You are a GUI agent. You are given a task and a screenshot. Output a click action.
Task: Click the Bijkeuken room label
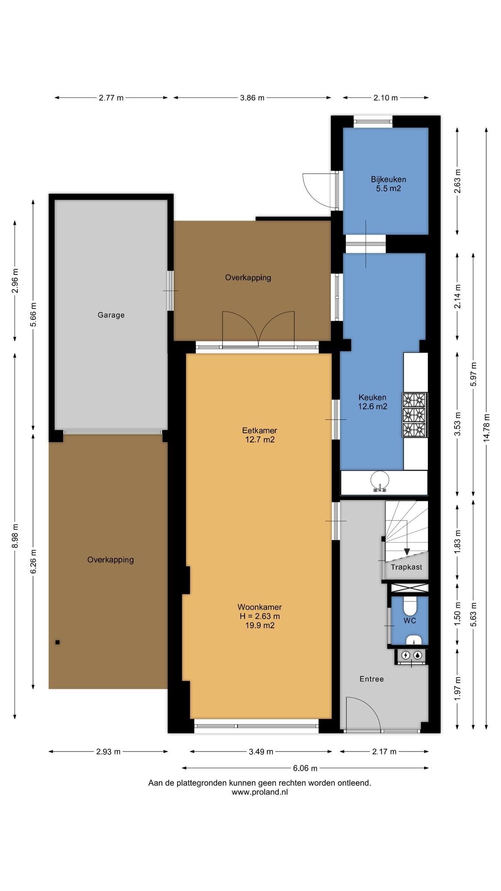[x=388, y=184]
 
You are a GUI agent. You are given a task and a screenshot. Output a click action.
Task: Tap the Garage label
[x=111, y=315]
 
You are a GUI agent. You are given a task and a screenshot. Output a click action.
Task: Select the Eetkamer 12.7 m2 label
[x=260, y=435]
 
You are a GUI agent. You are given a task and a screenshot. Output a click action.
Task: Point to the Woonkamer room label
[x=260, y=616]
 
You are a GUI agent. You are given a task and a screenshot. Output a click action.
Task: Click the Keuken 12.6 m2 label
[x=373, y=402]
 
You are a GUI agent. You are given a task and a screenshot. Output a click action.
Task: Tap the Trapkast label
[x=406, y=567]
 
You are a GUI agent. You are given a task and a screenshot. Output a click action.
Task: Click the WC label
[x=410, y=621]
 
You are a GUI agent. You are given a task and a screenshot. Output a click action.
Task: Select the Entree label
[x=372, y=679]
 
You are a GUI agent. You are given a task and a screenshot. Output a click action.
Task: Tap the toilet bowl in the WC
[x=410, y=605]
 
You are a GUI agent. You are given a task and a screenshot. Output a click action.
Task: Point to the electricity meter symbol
[x=405, y=655]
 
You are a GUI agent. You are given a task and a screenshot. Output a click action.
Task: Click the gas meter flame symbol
[x=417, y=655]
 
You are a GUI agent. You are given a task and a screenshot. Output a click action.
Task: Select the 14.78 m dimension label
[x=486, y=428]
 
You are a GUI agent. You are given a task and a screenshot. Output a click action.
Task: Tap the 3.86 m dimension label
[x=252, y=98]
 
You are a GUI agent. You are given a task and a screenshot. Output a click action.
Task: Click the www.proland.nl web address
[x=260, y=792]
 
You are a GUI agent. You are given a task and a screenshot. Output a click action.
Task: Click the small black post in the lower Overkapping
[x=57, y=642]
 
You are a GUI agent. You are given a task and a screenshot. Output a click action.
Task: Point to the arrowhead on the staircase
[x=407, y=552]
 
